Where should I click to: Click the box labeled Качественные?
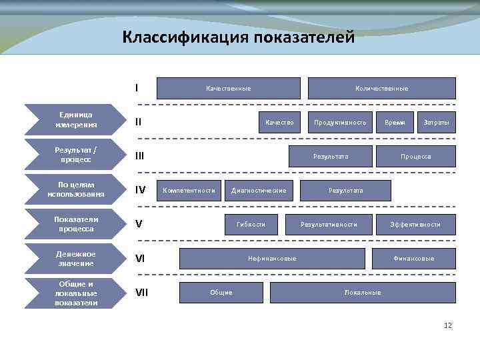pos(228,88)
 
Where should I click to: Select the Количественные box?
pos(381,88)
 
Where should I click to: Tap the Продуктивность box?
pos(340,123)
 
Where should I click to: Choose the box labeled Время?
pos(395,123)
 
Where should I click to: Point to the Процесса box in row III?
pos(415,157)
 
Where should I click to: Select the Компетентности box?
pos(189,191)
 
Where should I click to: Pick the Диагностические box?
pos(258,191)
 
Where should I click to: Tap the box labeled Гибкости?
pos(251,225)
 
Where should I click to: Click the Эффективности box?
pos(415,225)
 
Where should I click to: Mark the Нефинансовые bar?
pos(272,259)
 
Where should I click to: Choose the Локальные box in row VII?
pos(363,293)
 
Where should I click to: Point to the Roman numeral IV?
pos(140,191)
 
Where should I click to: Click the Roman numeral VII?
pos(141,293)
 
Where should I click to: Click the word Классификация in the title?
pos(185,37)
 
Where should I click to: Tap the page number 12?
pos(447,325)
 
